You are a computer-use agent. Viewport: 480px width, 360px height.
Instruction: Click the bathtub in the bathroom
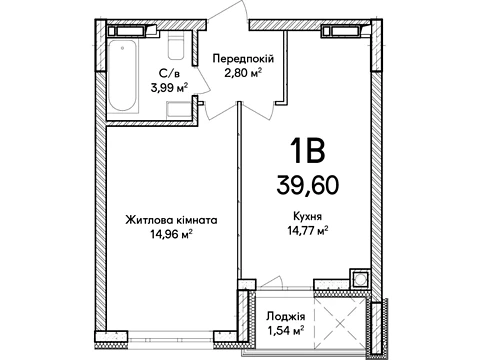[123, 76]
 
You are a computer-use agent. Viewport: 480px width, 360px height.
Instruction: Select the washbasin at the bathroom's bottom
[179, 110]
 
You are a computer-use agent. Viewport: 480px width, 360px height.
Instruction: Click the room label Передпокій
[243, 59]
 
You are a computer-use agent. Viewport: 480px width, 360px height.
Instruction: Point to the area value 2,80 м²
[243, 73]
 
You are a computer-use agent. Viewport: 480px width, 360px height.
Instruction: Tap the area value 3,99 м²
[169, 88]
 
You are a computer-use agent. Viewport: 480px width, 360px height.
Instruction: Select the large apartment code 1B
[307, 151]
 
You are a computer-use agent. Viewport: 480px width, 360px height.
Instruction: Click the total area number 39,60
[307, 185]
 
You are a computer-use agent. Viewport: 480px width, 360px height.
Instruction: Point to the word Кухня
[307, 217]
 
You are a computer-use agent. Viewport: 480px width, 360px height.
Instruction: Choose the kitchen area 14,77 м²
[308, 230]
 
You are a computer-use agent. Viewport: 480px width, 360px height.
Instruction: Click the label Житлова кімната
[171, 220]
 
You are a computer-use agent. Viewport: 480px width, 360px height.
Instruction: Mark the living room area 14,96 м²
[171, 235]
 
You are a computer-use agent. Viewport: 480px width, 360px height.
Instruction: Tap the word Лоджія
[286, 316]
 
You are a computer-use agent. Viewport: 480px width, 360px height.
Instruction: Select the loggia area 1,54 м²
[285, 331]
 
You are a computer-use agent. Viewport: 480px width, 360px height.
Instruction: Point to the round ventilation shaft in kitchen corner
[360, 278]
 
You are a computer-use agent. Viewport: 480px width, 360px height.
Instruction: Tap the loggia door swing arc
[272, 281]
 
